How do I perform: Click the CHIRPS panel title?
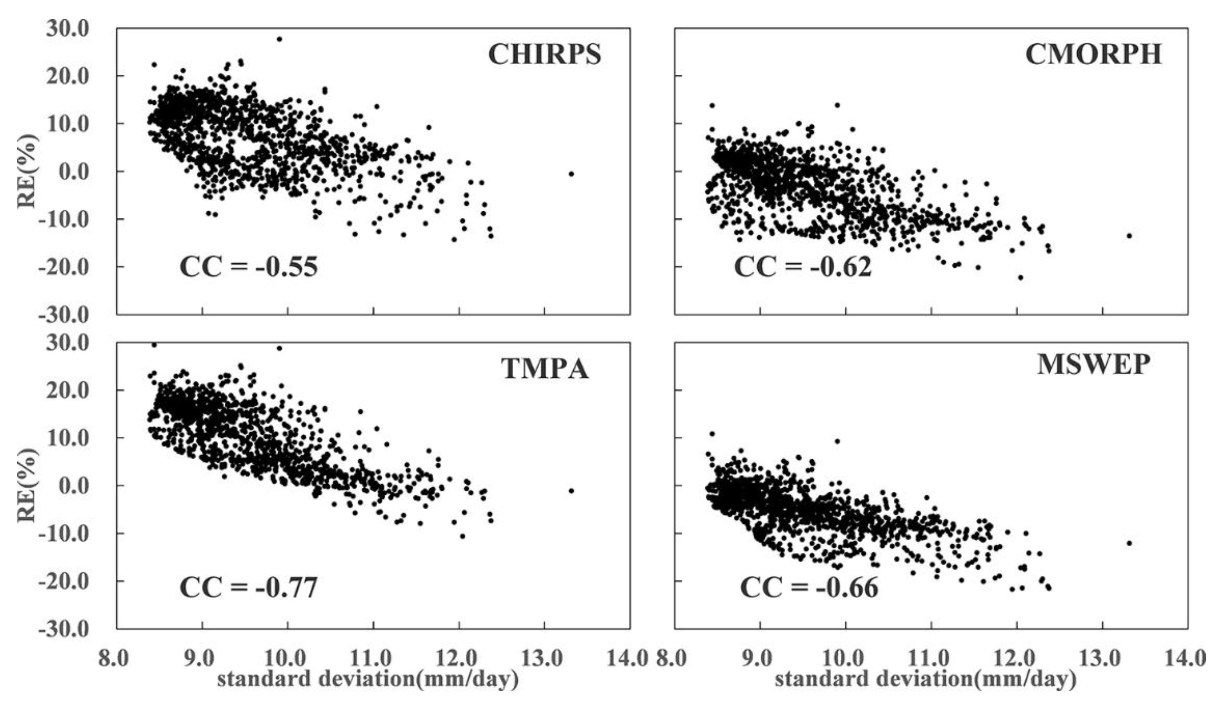tap(544, 54)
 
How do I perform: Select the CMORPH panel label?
tap(1093, 54)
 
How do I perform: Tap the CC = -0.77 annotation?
tap(248, 587)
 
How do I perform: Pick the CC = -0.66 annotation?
tap(809, 587)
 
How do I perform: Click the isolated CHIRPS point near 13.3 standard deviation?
tap(571, 174)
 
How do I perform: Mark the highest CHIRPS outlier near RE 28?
tap(279, 39)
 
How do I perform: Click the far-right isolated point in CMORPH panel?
tap(1129, 236)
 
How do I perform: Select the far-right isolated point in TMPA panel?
tap(571, 491)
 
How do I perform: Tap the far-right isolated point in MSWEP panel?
tap(1129, 543)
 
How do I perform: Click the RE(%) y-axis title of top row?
tap(27, 171)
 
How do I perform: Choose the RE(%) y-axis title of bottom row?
tap(27, 485)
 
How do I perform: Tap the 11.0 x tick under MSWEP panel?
tap(931, 659)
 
